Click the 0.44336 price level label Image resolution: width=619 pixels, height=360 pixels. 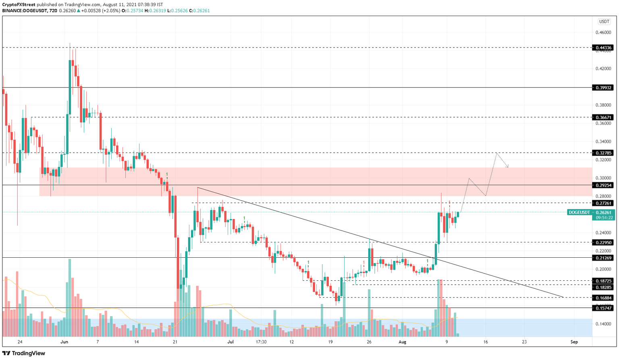[604, 48]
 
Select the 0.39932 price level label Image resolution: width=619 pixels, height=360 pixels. [604, 87]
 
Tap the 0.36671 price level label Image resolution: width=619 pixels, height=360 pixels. [604, 117]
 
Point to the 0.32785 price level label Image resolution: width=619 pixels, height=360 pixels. [604, 153]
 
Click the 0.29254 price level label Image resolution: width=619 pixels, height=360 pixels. [604, 185]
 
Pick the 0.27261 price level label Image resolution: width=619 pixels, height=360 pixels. [604, 203]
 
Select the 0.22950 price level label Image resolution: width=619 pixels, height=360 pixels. [604, 242]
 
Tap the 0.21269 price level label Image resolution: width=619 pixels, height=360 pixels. [604, 258]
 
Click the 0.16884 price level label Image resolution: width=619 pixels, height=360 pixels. [604, 298]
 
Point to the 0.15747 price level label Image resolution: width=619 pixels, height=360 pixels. [604, 308]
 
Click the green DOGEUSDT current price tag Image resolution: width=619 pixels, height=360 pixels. [590, 212]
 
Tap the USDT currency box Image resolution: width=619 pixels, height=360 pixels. [604, 22]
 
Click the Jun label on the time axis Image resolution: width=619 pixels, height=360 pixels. [64, 342]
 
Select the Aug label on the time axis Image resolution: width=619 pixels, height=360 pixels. [402, 342]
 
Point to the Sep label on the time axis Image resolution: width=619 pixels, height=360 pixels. [574, 342]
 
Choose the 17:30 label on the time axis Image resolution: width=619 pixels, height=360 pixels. [261, 342]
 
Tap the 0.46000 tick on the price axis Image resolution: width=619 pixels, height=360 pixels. [604, 32]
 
